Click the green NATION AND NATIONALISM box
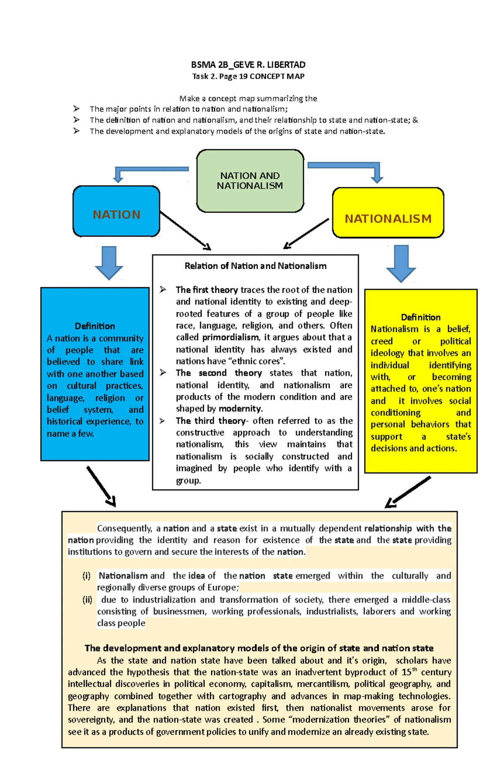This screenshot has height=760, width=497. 250,181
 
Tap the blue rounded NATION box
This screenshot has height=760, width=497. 116,212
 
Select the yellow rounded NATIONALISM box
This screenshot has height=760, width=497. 388,213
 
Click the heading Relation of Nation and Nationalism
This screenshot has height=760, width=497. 255,266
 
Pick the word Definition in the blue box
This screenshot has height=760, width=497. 95,326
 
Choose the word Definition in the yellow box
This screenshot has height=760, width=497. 420,317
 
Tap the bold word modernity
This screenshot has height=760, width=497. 240,409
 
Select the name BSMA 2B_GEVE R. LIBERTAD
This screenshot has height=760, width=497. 248,65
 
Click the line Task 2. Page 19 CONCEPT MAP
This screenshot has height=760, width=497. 248,76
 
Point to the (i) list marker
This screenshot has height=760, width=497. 86,576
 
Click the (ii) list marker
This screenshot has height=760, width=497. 87,600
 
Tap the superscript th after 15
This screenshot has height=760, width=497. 414,669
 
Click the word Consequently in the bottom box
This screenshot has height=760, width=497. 124,528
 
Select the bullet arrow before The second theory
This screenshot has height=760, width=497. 163,373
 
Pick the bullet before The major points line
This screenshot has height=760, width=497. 76,109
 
